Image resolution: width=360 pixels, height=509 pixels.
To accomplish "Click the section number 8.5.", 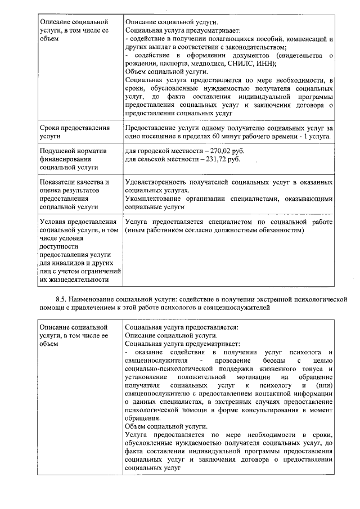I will pos(55,299).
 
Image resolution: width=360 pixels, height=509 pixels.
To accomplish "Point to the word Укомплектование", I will pos(156,199).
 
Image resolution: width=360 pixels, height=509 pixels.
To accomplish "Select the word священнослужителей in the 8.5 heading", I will pos(239,308).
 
